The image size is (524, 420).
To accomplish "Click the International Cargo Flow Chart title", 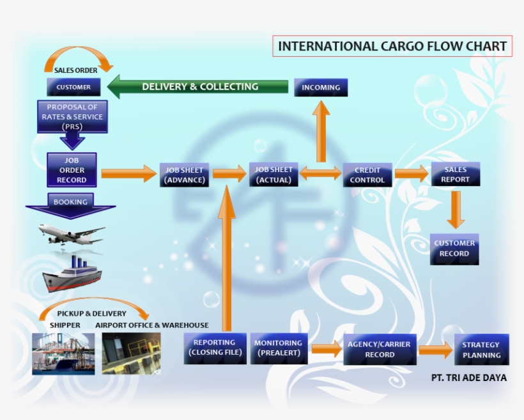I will coord(392,46).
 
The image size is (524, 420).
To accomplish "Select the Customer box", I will coord(73,87).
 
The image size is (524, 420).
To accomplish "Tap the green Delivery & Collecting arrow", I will coord(198,87).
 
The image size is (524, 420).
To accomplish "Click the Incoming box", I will coord(321,87).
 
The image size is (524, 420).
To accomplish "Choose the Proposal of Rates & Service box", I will coord(72,117).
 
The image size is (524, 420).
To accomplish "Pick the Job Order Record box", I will coord(72,170).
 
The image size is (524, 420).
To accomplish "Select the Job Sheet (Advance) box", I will coord(185,175).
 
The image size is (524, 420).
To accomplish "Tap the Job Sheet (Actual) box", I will coord(274,175).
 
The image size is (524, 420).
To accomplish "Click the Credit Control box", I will coord(367,175).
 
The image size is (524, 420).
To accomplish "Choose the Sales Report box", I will coord(455,175).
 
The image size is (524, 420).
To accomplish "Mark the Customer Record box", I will coord(454,249).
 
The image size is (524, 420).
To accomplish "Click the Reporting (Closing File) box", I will coord(215,348).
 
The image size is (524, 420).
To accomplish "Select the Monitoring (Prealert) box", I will coord(278,348).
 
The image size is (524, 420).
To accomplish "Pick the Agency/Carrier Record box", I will coord(380,349).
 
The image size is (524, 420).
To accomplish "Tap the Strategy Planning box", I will coord(482,350).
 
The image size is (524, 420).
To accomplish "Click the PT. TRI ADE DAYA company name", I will coord(469,378).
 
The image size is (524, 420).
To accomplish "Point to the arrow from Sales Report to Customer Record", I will coord(455,208).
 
